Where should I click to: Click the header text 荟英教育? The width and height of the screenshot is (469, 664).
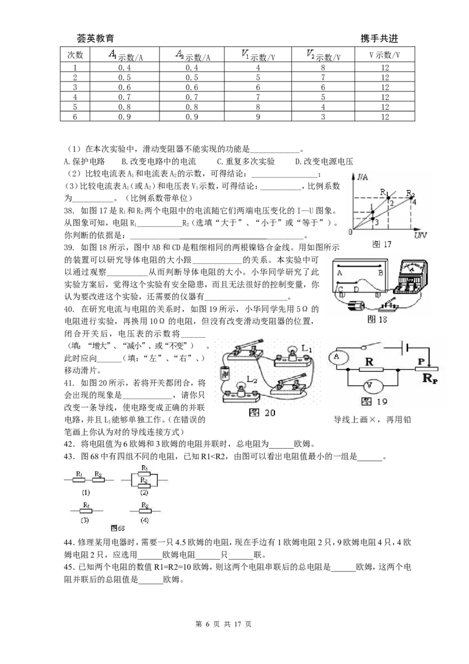(95, 39)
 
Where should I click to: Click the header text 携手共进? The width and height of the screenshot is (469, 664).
(379, 39)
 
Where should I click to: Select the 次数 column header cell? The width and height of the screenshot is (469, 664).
(76, 55)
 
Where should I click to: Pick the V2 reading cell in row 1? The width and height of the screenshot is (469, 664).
(323, 67)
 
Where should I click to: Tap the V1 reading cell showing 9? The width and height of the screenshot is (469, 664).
(258, 117)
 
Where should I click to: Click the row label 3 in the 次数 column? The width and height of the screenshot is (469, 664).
(76, 87)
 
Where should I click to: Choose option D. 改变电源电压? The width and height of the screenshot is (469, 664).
(324, 161)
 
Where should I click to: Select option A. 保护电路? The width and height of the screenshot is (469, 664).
(84, 161)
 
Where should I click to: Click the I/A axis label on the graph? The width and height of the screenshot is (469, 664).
(362, 177)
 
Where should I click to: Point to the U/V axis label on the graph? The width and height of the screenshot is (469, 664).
(420, 235)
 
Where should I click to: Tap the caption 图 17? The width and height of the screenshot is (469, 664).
(382, 245)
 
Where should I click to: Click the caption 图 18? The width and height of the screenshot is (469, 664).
(377, 319)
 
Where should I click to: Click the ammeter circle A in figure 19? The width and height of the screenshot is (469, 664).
(337, 357)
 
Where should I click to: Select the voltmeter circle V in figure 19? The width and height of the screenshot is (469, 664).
(369, 386)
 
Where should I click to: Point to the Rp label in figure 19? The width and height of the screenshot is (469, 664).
(430, 378)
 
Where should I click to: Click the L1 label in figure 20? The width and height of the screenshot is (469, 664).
(307, 349)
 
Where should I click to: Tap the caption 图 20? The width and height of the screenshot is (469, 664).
(262, 413)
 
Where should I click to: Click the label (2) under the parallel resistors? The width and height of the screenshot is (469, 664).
(144, 493)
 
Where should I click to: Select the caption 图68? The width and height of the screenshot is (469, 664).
(118, 528)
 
